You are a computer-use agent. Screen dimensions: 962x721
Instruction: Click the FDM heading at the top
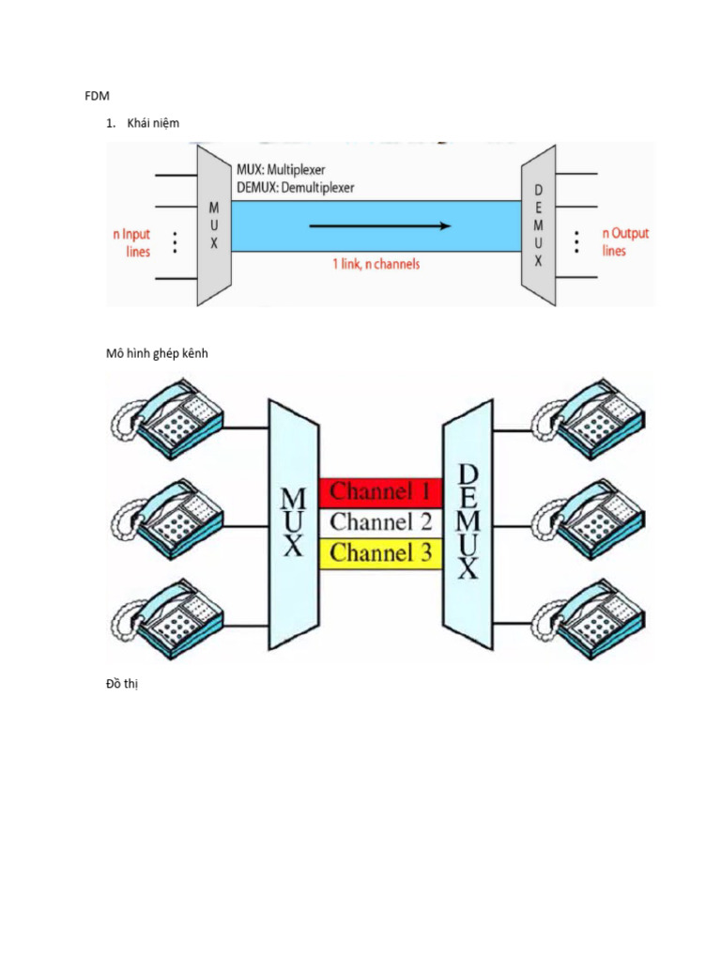98,95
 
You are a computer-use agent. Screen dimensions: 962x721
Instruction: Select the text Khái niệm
152,123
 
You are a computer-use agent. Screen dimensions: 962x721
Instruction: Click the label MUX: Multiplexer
281,170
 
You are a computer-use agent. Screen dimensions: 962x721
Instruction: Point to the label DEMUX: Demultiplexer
295,187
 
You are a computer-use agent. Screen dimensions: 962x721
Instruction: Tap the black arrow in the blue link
380,225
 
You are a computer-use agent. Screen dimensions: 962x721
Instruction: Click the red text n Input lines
130,242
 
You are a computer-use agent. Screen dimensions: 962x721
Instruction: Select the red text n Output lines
625,241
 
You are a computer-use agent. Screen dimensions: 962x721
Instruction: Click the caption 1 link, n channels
376,264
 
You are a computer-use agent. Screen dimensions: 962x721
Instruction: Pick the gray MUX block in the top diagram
214,226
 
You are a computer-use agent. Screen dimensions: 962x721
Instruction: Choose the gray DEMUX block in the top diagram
538,226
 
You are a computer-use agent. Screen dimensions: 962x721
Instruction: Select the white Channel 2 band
381,522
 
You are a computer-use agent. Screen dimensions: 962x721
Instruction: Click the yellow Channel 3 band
381,552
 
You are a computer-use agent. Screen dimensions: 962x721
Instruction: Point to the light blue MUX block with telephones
293,524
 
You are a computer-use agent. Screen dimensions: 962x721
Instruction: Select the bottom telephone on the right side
589,621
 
